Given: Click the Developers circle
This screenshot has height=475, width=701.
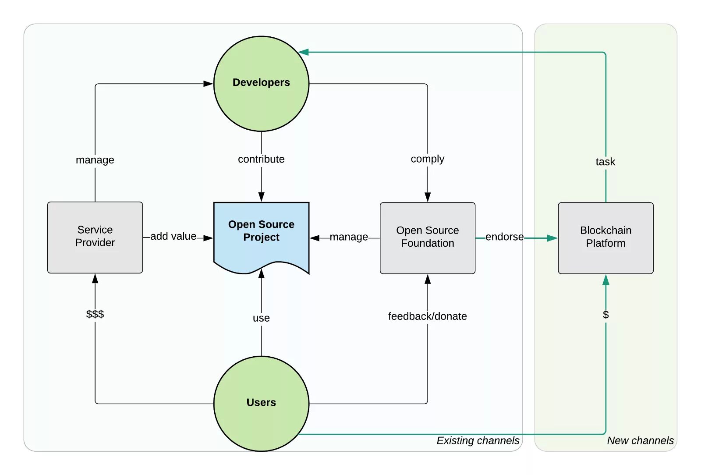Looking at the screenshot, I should click(261, 84).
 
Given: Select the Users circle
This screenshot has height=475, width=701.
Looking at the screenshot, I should click(261, 403).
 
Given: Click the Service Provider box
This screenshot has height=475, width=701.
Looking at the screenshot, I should click(95, 237).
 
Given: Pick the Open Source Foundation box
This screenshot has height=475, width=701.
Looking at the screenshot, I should click(428, 237).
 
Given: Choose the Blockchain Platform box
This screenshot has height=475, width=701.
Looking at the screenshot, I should click(605, 237).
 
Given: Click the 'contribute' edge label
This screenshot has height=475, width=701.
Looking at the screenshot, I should click(261, 159).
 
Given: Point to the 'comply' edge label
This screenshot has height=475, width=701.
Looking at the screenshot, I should click(427, 159).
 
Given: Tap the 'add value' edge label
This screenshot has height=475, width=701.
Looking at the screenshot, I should click(173, 236).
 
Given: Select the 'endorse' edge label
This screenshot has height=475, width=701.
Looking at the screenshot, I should click(504, 237).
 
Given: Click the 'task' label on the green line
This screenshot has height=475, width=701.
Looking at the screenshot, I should click(605, 162).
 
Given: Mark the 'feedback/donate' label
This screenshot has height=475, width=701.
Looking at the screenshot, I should click(427, 316).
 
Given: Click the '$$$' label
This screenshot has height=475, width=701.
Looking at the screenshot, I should click(95, 314).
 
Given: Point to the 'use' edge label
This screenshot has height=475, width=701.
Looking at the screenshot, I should click(261, 318).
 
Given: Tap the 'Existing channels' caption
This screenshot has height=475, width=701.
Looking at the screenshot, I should click(478, 440).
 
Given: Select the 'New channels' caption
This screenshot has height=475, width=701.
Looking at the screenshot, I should click(640, 440).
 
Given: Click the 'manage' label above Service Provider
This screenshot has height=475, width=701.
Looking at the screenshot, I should click(95, 160).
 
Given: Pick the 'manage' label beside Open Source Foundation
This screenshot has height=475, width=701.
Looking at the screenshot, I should click(349, 237).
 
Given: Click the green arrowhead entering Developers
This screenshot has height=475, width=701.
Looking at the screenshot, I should click(304, 52).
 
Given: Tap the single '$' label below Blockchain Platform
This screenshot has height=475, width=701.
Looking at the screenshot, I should click(605, 315).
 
